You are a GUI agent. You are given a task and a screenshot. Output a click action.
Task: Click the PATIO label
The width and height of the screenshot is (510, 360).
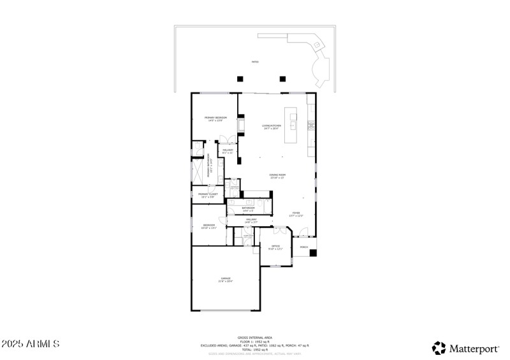point(255,62)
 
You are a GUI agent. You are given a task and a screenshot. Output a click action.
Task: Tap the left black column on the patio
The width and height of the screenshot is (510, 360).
point(240,79)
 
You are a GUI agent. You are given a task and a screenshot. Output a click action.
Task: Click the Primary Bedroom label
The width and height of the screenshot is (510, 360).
point(215,119)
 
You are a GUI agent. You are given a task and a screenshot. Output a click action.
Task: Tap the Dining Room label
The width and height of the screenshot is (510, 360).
point(277,176)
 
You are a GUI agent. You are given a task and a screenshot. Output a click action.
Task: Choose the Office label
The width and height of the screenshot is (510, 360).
point(275,247)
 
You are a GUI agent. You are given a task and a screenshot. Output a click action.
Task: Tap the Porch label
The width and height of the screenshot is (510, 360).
point(304,247)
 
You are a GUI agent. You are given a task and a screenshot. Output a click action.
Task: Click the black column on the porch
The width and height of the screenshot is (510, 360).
point(313,253)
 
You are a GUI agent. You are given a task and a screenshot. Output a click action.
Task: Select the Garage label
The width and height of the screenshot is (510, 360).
point(226,280)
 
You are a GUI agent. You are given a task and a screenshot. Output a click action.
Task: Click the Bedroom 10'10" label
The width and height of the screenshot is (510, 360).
point(209,226)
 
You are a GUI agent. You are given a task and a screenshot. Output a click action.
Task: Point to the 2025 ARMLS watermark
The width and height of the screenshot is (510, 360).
point(31,344)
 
